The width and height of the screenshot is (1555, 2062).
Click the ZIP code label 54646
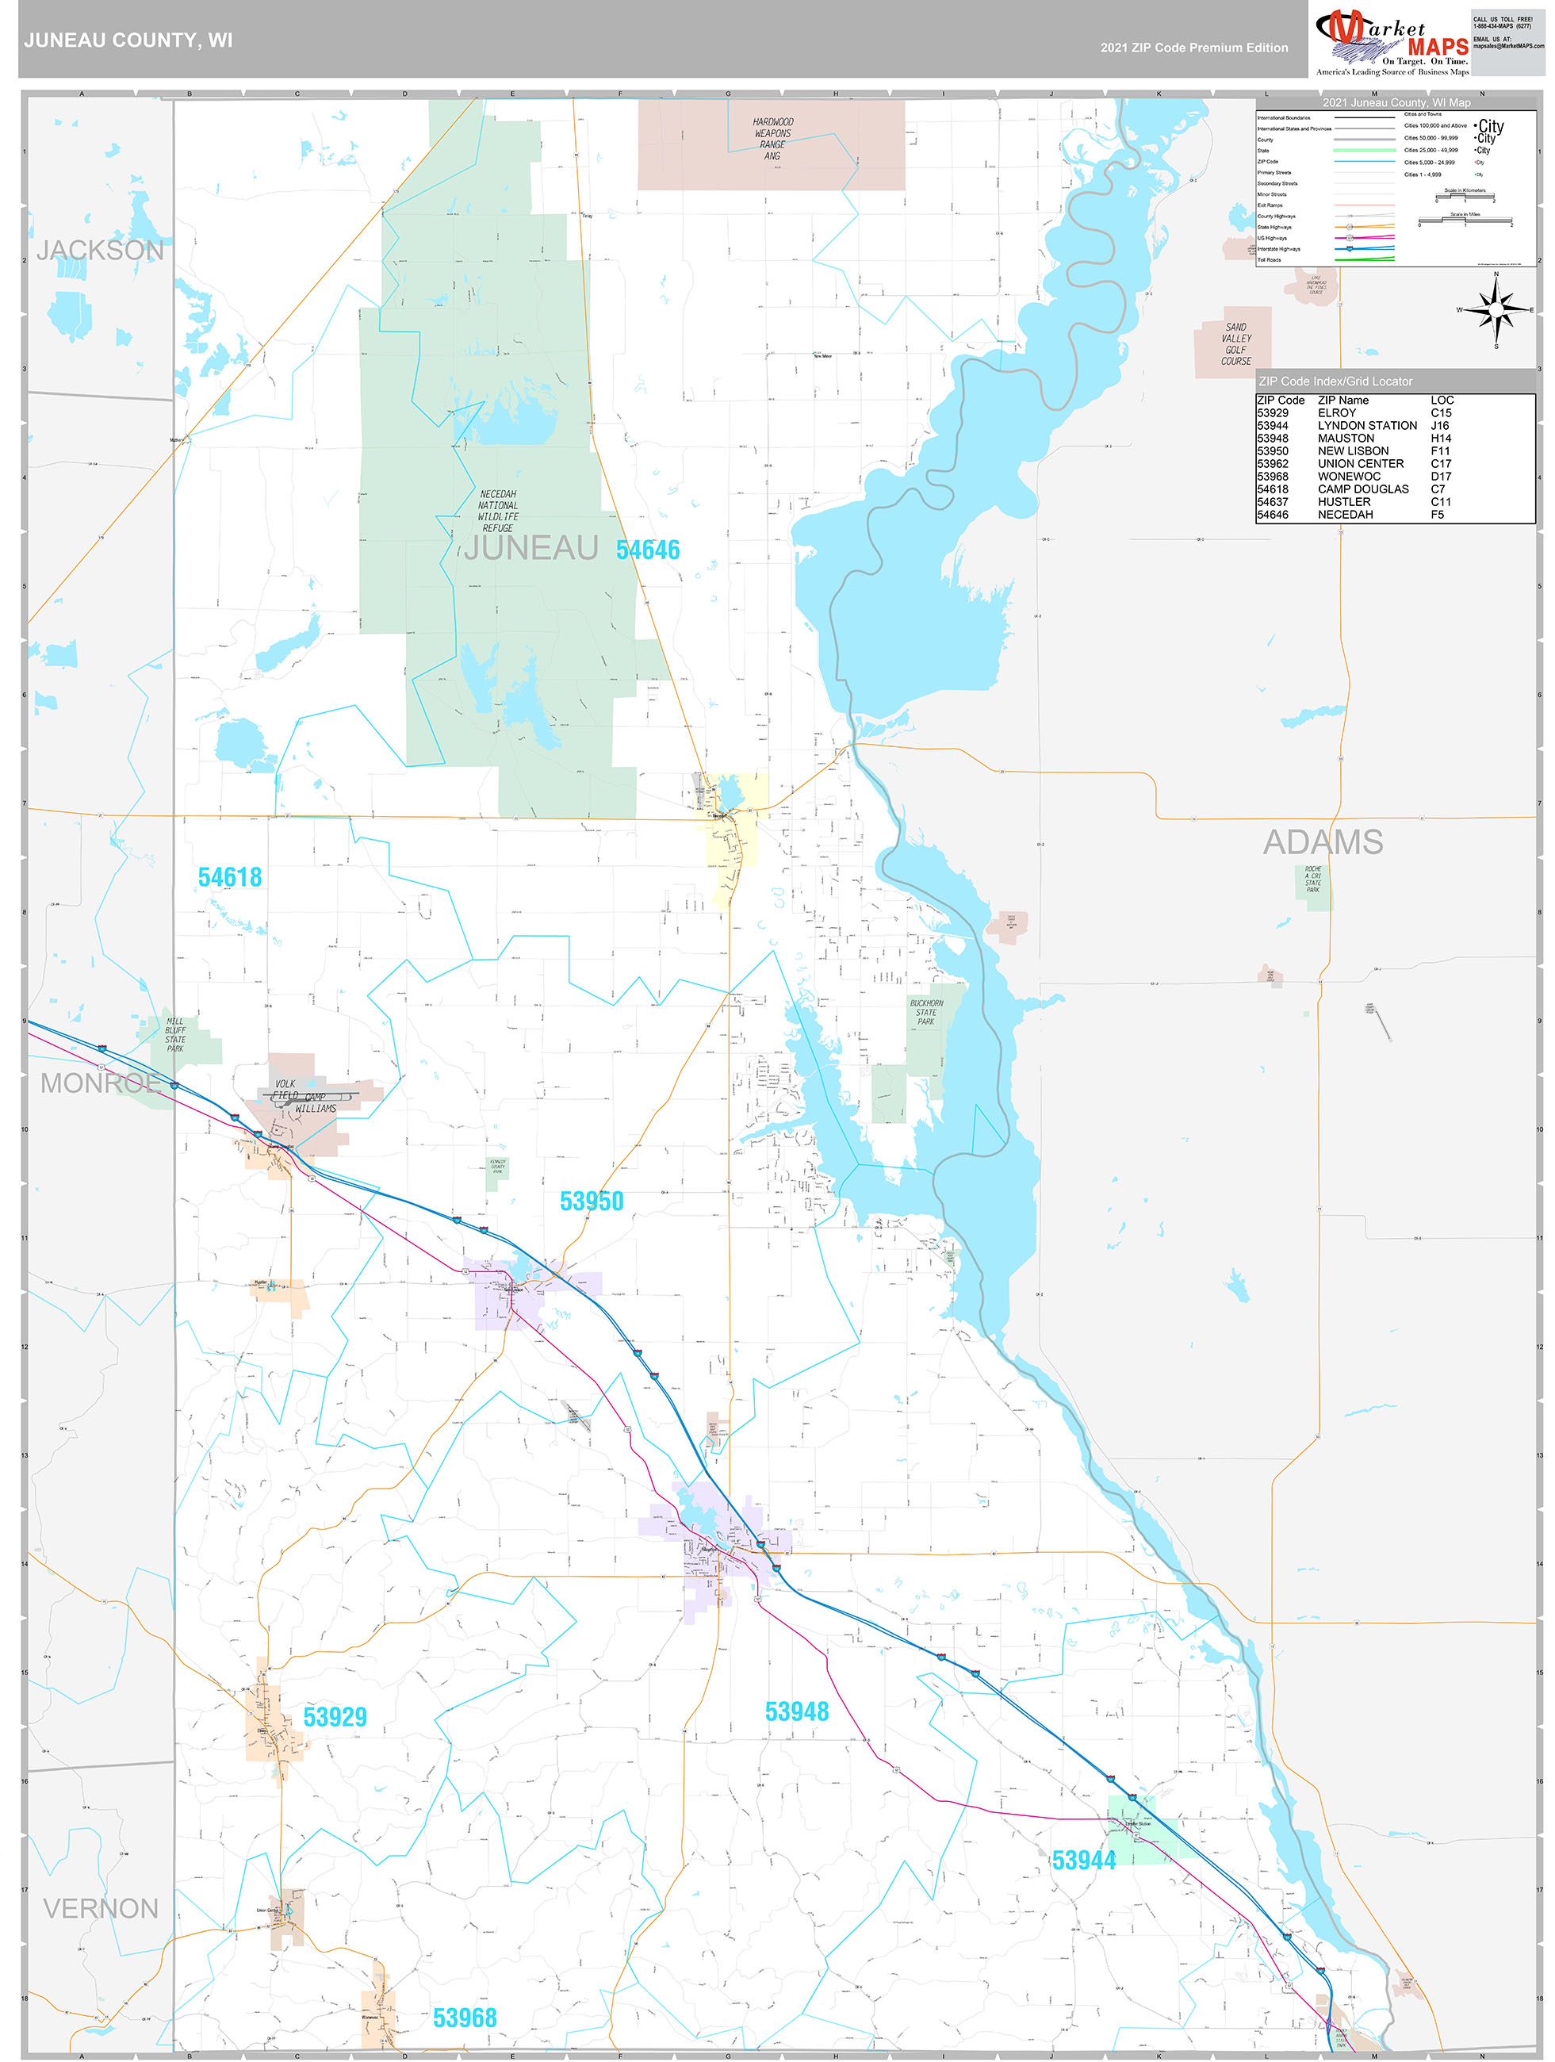click(647, 550)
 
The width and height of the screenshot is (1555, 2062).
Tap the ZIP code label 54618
click(229, 877)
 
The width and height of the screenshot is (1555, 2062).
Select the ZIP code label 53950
click(591, 1202)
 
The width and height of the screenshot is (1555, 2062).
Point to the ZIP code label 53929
click(335, 1717)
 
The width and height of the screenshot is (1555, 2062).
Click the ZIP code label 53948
click(796, 1711)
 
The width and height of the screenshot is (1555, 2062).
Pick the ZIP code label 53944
click(1083, 1861)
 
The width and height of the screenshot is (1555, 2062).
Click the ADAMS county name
click(1322, 841)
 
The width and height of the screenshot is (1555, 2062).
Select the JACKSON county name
click(100, 250)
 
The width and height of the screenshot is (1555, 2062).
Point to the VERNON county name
click(101, 1908)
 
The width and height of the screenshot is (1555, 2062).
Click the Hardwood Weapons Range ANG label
click(773, 139)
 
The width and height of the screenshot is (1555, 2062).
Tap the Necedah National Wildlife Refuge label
click(498, 511)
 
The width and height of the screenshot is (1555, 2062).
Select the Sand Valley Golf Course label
click(1236, 344)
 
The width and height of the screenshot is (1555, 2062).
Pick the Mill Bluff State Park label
click(175, 1035)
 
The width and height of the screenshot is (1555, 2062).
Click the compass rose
click(1496, 309)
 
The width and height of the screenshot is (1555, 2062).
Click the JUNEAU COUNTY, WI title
click(128, 40)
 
